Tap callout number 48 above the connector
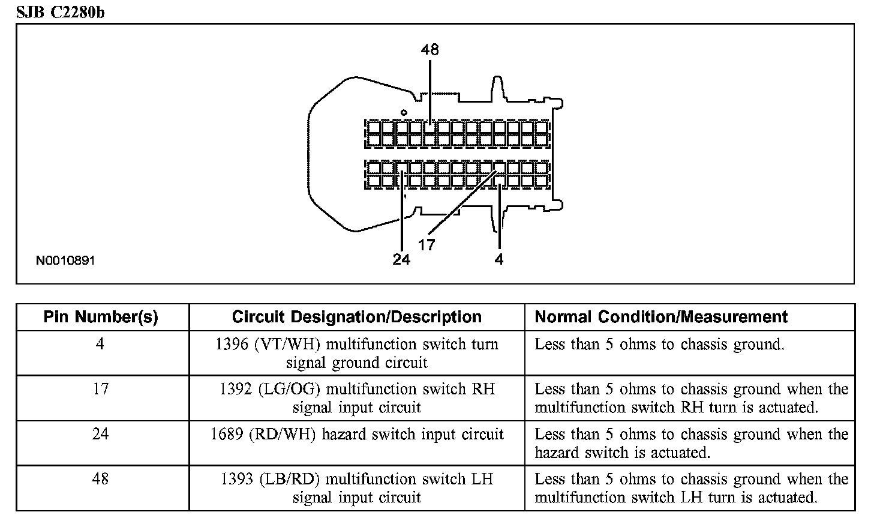click(x=430, y=49)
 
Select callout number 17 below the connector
click(x=427, y=244)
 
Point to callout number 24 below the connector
click(x=401, y=259)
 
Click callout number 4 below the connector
click(x=499, y=259)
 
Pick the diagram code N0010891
click(x=65, y=260)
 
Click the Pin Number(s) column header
click(x=101, y=317)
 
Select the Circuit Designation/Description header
click(x=356, y=317)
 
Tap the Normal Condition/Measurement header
click(x=661, y=317)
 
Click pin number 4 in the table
click(x=100, y=345)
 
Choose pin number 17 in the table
click(x=100, y=389)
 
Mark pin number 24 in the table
click(x=100, y=434)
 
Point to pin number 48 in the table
click(x=100, y=479)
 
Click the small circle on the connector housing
click(x=404, y=112)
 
